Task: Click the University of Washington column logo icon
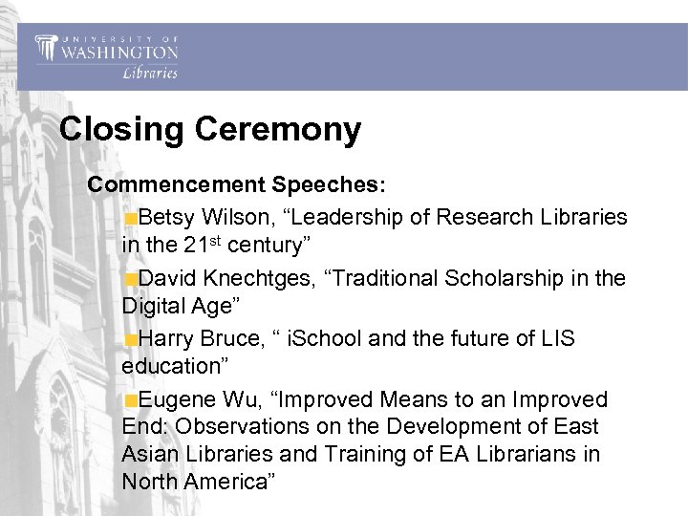46,47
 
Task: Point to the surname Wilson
234,217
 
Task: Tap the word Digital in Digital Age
154,306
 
